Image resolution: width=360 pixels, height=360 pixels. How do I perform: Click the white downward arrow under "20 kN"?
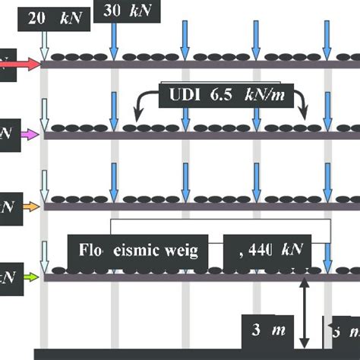[45, 46]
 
